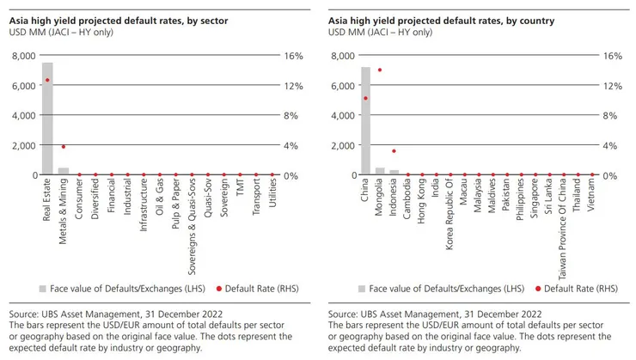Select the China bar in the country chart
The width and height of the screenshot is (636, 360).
tap(365, 120)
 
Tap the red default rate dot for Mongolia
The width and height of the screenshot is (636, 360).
tap(380, 70)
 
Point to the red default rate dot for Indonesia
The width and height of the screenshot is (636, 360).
tap(394, 150)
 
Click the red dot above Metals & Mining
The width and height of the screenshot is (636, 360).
tap(63, 146)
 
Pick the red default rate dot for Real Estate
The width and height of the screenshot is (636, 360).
tap(47, 80)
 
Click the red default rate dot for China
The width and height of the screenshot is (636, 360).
tap(365, 98)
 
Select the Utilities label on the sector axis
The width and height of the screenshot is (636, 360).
tap(272, 197)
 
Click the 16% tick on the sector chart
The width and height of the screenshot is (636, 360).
tap(293, 56)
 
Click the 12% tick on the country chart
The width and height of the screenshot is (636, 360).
tap(612, 86)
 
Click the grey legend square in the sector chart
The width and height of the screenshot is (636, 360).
tap(43, 288)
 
